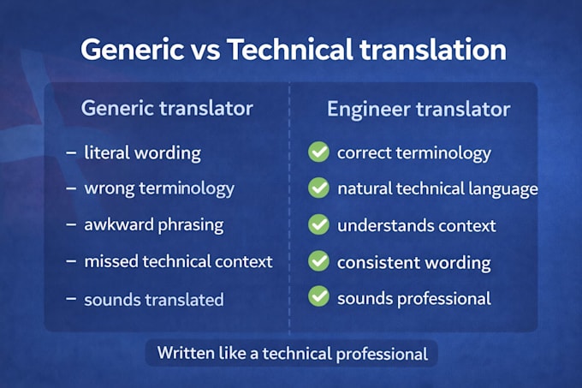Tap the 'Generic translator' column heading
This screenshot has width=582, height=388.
pos(167,109)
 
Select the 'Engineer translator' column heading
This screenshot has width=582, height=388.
pos(419,110)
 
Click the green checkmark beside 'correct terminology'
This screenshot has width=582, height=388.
pos(318,152)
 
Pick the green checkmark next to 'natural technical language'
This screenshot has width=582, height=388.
pos(318,188)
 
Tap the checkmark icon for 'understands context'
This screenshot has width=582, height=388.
pos(318,224)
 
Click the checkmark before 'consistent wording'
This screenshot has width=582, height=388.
pos(318,260)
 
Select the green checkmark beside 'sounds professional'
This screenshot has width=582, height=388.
pos(318,296)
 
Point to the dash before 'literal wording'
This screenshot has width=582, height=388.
pos(71,152)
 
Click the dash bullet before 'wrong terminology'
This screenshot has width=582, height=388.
pos(71,188)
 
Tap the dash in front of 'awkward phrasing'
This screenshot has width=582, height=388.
pos(71,224)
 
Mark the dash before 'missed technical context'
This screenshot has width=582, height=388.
pos(71,261)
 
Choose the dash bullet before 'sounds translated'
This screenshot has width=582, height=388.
pos(71,299)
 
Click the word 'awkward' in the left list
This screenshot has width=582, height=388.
pos(119,224)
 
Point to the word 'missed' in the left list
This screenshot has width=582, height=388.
pos(111,261)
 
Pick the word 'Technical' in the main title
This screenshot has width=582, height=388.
pos(290,50)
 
